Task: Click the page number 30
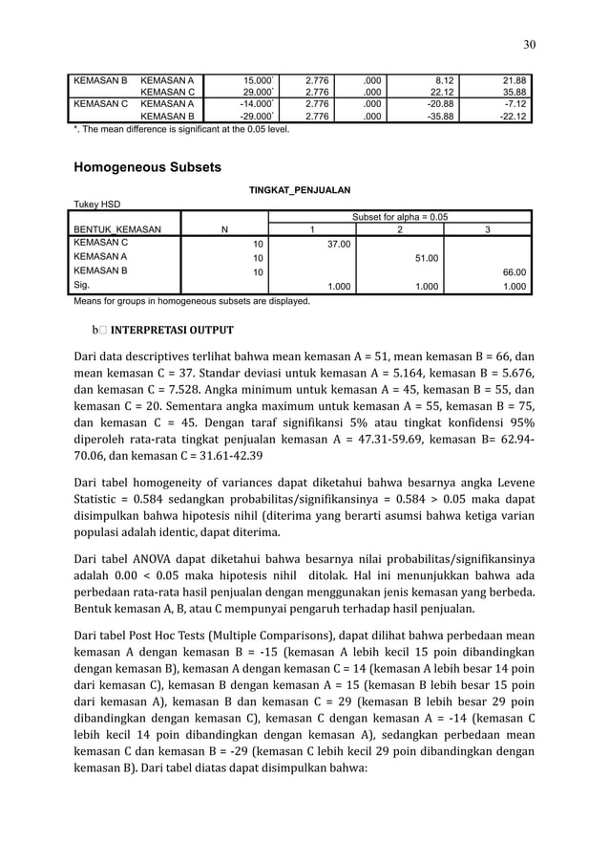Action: click(529, 43)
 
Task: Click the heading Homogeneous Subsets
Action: click(147, 167)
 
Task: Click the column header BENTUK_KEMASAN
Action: click(117, 229)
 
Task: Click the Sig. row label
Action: click(83, 284)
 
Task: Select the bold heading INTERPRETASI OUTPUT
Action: click(172, 331)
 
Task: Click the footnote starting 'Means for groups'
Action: click(191, 300)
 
